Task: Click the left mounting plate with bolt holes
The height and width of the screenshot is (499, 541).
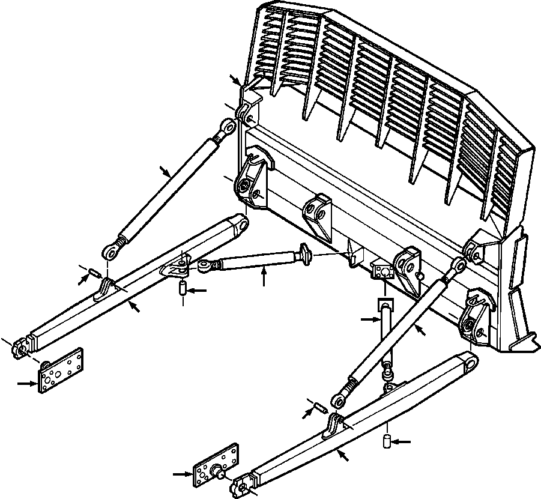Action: [x=61, y=370]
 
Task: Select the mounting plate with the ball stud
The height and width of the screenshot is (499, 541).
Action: [x=216, y=467]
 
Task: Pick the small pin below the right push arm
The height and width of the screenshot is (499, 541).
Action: [x=388, y=442]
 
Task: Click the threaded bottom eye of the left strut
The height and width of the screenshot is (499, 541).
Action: [x=112, y=250]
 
